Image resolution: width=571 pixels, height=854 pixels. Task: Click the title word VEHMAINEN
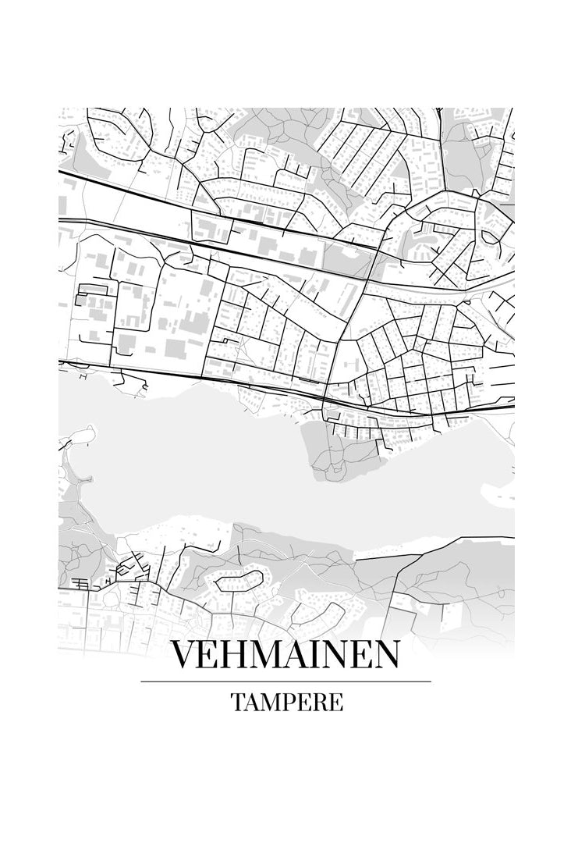[x=285, y=654]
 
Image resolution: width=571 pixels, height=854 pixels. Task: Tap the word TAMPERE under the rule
[x=286, y=702]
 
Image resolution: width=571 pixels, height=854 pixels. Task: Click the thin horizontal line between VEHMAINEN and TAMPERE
[x=285, y=681]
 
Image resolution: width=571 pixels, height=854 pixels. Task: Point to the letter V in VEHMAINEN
[x=184, y=654]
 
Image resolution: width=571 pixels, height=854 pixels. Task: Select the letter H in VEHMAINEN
[x=237, y=654]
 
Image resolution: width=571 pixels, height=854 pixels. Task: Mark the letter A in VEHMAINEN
[x=300, y=654]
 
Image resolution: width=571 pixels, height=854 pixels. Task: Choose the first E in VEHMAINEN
[x=211, y=654]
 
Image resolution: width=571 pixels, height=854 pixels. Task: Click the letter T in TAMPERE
[x=237, y=702]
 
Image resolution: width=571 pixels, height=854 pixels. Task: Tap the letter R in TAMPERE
[x=320, y=702]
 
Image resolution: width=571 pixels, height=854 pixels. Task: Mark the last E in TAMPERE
[x=336, y=702]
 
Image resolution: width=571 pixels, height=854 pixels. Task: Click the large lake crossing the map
[x=234, y=468]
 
